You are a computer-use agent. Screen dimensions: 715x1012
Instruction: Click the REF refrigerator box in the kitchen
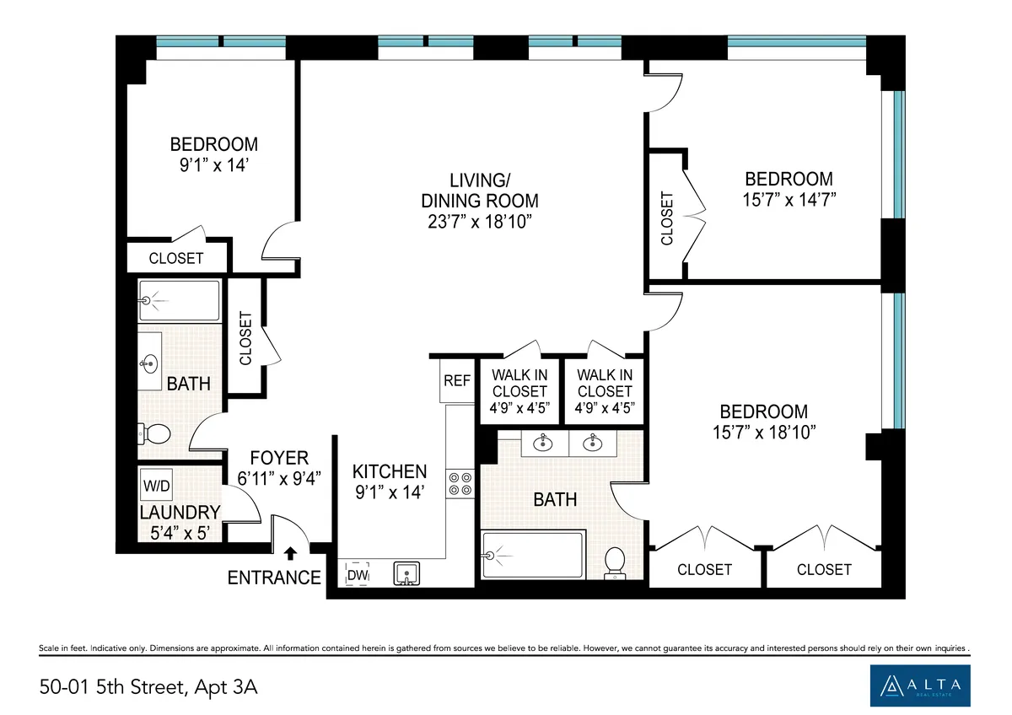(456, 381)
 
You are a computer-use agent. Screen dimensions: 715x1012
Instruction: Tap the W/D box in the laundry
(155, 486)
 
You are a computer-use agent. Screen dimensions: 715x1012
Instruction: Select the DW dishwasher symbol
(357, 574)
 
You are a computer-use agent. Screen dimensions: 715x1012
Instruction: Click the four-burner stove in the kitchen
(460, 483)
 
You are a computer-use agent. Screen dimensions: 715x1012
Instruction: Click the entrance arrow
(290, 554)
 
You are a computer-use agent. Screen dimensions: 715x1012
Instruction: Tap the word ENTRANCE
(274, 578)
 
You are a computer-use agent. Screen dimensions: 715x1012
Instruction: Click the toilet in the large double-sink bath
(616, 562)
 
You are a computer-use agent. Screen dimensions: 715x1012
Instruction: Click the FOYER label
(279, 458)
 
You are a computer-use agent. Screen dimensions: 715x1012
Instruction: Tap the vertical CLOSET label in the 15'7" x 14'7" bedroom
(667, 218)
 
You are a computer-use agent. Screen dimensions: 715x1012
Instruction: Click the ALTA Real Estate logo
(920, 685)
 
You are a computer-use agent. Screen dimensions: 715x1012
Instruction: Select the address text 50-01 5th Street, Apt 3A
(148, 687)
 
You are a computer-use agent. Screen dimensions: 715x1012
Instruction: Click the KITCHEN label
(390, 471)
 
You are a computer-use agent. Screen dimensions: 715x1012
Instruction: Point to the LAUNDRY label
(180, 512)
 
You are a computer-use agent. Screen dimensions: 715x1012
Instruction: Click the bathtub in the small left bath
(180, 300)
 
